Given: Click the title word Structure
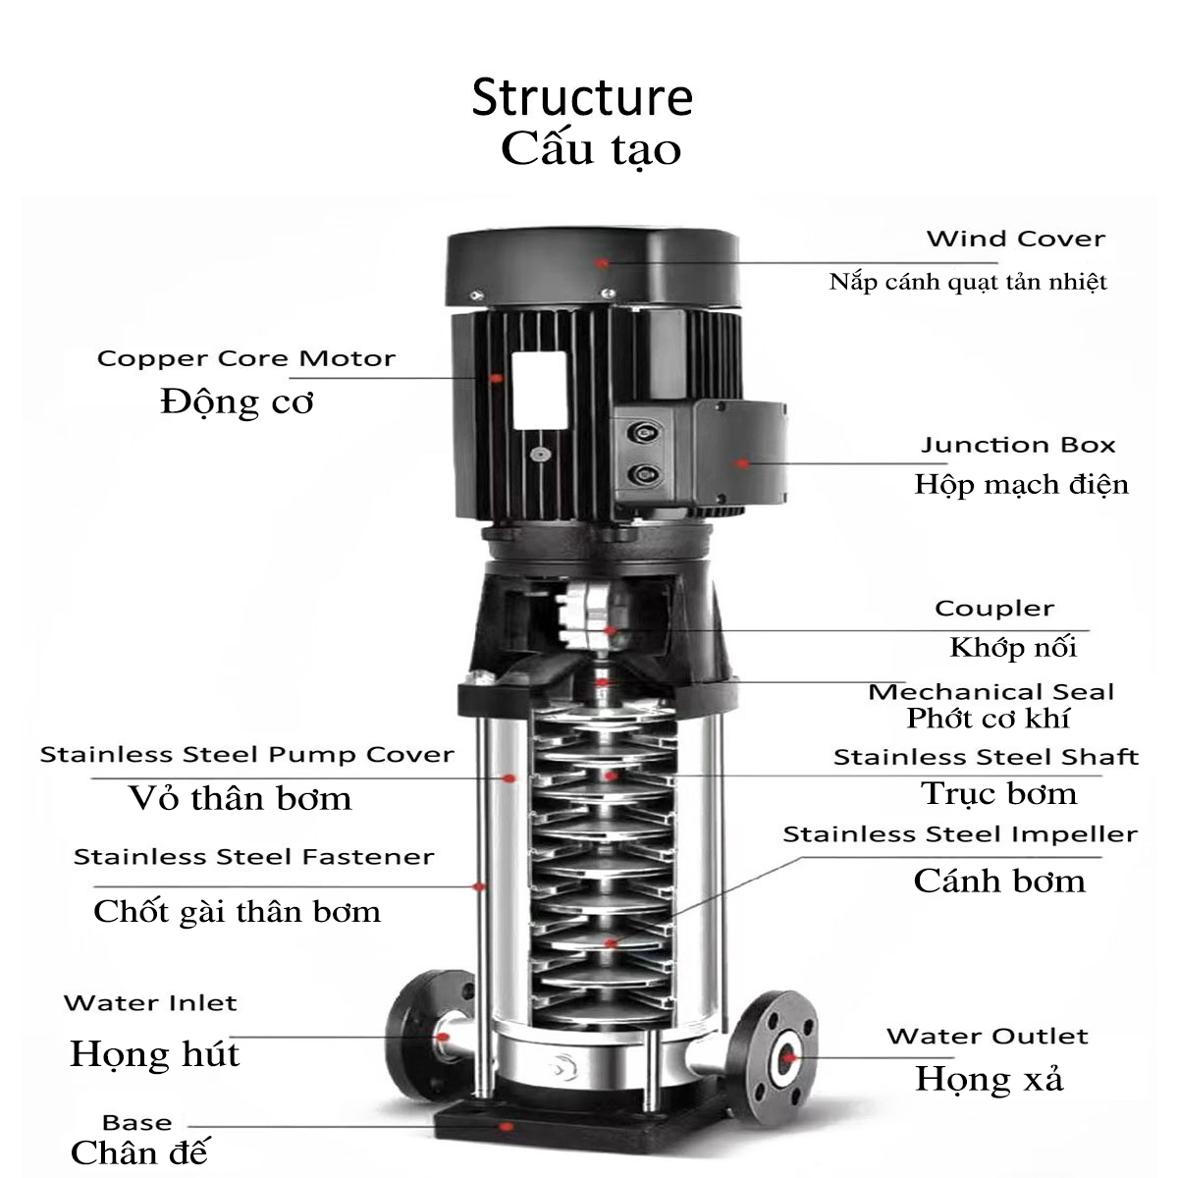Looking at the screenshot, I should click(x=582, y=97).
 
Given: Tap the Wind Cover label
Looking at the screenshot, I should click(x=1015, y=239).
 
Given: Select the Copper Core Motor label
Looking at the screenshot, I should click(x=245, y=358).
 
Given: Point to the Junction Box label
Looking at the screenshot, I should click(x=1018, y=445).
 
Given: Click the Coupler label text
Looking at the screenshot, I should click(x=993, y=609).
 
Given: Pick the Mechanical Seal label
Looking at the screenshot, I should click(x=991, y=691).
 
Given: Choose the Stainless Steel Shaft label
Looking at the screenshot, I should click(x=985, y=757).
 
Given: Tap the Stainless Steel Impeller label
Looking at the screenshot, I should click(x=959, y=834).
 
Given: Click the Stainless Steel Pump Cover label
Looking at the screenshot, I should click(x=246, y=755).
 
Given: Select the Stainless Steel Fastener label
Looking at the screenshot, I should click(x=253, y=857).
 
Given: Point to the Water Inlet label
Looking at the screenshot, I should click(x=150, y=1003).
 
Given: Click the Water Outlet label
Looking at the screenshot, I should click(x=987, y=1037).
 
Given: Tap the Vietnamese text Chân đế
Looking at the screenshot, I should click(x=139, y=1151).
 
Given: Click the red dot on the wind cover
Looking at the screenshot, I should click(x=603, y=262).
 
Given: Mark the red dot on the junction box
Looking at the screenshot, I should click(x=743, y=463).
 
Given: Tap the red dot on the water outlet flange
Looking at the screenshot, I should click(x=786, y=1057).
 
